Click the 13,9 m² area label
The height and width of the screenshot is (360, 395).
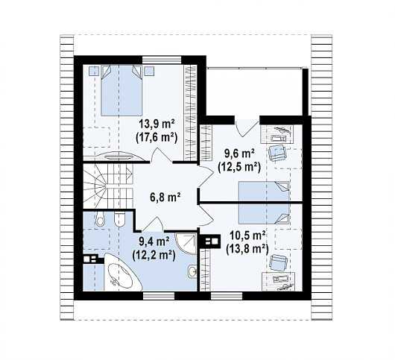coord(157,124)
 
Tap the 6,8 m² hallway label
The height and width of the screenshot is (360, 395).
coord(165,198)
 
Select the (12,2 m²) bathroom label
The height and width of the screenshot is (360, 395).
coord(154,256)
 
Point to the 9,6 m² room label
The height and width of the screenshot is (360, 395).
coord(239,154)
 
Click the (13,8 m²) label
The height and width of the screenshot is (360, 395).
coord(247,250)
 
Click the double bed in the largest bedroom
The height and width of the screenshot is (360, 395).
coord(121,90)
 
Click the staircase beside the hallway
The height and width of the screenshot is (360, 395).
coord(108,186)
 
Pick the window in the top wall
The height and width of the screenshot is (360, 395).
coord(162,60)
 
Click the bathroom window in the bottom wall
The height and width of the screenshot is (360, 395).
coord(159,296)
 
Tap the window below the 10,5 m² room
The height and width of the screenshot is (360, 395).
coord(227,296)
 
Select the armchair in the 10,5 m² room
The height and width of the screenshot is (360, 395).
coord(278,262)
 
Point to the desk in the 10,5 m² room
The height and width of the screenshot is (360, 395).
coord(279,282)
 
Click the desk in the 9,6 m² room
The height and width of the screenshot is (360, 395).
coord(278,134)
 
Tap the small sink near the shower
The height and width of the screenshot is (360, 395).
coord(192,271)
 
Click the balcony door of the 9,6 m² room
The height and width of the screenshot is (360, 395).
coord(247,127)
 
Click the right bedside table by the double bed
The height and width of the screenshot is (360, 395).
coord(149,72)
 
